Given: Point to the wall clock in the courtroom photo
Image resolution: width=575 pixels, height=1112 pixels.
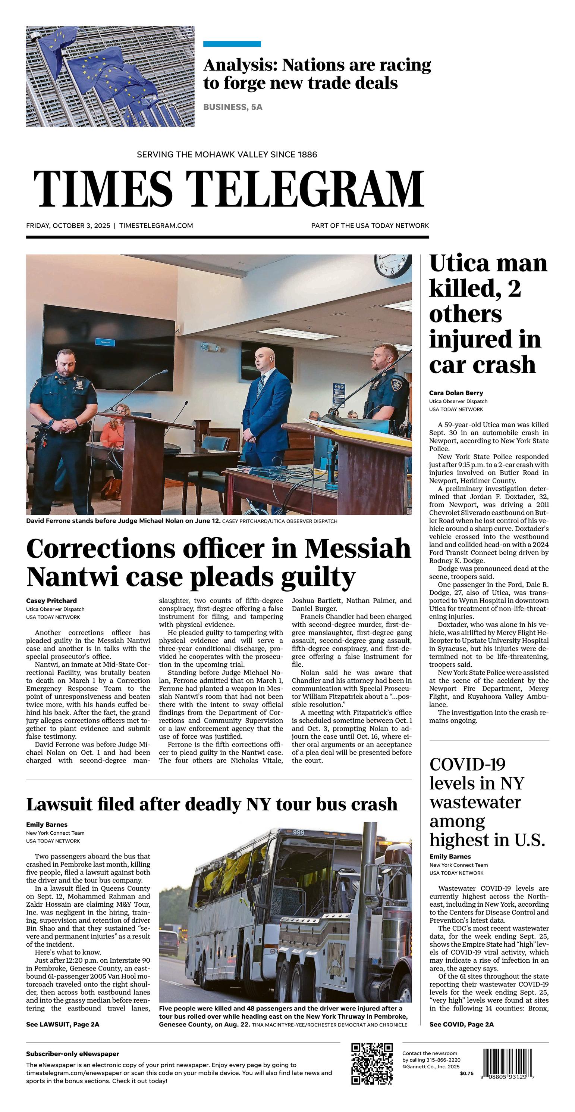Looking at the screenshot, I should (393, 265).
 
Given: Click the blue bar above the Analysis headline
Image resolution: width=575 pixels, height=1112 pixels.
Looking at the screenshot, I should (232, 44).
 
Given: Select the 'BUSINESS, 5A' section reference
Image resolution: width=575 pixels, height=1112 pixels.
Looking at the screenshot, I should (233, 107).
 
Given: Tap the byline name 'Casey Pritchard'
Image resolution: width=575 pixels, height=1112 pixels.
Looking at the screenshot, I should (51, 601).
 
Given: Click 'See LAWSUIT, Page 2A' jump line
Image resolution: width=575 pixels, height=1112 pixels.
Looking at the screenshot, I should (63, 1024).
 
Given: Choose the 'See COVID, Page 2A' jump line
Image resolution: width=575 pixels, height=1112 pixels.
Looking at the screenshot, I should (462, 1024).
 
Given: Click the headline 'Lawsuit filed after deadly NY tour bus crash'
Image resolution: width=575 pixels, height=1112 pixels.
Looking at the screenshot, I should (212, 804).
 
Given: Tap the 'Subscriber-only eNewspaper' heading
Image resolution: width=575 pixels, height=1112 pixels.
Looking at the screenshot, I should (72, 1054).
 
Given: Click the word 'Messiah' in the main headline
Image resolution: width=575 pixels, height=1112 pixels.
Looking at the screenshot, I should (358, 549).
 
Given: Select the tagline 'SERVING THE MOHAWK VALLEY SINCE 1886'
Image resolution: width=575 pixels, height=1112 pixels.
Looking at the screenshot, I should (227, 154).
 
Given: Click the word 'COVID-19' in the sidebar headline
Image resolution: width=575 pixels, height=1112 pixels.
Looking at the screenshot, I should (467, 764).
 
